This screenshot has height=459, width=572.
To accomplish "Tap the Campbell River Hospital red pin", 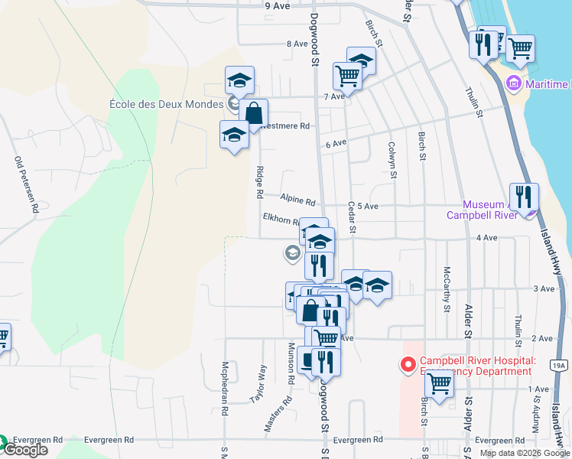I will [407, 364].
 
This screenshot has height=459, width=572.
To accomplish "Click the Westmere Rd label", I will [284, 125].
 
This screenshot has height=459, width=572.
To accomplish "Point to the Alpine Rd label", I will [297, 200].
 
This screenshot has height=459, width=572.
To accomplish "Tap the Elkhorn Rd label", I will [281, 220].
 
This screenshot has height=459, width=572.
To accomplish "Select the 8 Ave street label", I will [296, 44].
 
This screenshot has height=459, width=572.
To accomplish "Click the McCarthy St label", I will [445, 289].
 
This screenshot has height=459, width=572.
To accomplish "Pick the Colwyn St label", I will [392, 159].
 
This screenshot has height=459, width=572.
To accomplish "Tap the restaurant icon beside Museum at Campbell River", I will [524, 197].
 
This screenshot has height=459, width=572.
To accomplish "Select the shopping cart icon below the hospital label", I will [439, 384].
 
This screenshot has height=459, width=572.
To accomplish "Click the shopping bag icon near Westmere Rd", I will [253, 114].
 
